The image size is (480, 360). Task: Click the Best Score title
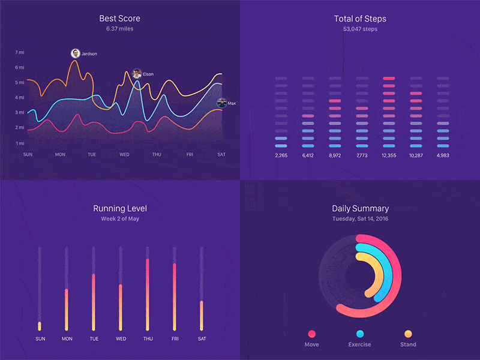(x=119, y=19)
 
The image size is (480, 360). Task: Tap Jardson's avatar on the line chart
(x=75, y=53)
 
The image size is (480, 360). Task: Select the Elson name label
(x=148, y=74)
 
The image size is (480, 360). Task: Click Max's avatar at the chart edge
(x=221, y=103)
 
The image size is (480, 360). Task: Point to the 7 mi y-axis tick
(x=20, y=53)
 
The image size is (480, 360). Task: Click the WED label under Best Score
(x=124, y=155)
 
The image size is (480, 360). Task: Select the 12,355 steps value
(x=388, y=156)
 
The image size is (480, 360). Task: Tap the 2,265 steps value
(x=281, y=156)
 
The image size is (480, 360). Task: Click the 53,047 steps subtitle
(x=360, y=29)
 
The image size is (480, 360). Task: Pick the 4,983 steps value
(x=443, y=156)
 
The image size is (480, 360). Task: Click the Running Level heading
(x=119, y=209)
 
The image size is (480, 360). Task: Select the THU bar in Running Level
(x=148, y=294)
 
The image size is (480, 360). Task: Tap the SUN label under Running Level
(x=40, y=339)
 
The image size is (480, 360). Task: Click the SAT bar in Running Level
(x=202, y=315)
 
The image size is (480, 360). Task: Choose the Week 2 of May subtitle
(x=119, y=219)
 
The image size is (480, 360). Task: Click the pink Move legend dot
(x=311, y=334)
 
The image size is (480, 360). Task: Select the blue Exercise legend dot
(x=359, y=334)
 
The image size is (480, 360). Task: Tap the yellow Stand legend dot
(x=408, y=334)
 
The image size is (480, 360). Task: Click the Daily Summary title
(x=360, y=209)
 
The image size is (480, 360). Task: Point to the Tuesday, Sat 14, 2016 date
(x=360, y=219)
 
